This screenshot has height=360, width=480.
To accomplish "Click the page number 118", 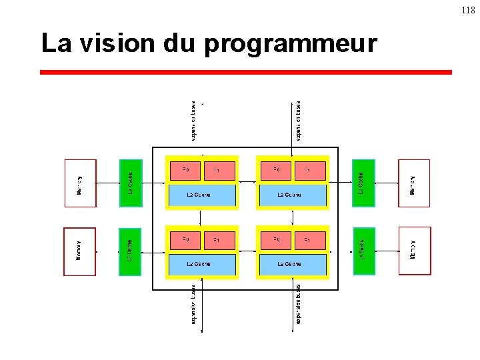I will tap(469, 11).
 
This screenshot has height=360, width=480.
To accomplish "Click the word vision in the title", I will tap(115, 43).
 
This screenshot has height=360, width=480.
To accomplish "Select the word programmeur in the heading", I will tap(291, 45).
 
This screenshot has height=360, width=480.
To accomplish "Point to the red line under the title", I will tap(245, 72).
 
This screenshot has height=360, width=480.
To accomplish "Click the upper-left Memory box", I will tap(80, 183).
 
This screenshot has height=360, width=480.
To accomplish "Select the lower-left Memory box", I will tap(80, 251).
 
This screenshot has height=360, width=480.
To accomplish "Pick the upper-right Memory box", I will tap(414, 183).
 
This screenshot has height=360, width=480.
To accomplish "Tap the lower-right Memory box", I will tap(415, 251).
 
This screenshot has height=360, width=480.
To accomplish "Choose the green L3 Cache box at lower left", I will tap(131, 251).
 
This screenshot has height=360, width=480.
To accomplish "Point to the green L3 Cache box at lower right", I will tap(363, 251).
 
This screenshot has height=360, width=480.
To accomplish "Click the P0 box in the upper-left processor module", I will tap(186, 171).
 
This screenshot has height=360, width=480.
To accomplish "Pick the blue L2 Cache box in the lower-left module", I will tap(202, 264).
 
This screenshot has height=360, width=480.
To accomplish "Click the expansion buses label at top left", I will tap(194, 121).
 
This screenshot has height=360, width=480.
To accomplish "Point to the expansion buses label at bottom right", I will tap(298, 306).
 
